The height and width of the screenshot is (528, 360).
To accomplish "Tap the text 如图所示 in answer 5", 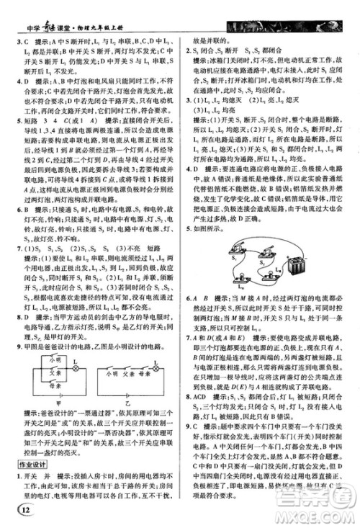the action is (x=213, y=229).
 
